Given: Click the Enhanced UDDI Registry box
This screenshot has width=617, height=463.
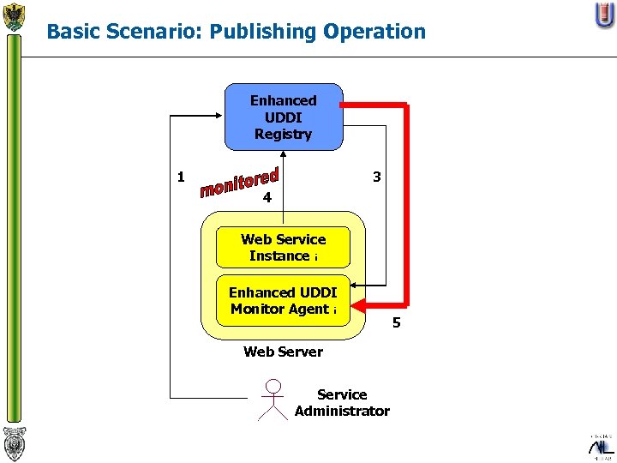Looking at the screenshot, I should tap(283, 117).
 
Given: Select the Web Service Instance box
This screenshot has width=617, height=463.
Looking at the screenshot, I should tap(283, 248).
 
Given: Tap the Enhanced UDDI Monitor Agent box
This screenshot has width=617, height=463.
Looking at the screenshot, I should tap(283, 301).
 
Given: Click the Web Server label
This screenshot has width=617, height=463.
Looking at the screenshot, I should tap(283, 352).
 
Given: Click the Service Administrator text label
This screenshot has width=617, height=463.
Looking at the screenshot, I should tap(342, 403).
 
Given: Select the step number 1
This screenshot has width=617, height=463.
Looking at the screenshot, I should tap(181, 177).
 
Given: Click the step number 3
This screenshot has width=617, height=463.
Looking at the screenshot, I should tap(376, 177).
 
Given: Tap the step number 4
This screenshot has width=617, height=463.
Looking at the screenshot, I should tap(267, 197).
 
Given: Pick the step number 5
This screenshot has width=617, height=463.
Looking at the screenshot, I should tap(396, 323).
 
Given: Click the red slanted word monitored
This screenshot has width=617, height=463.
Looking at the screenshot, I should tap(240, 182).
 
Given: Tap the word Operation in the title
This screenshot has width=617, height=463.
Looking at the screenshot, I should tap(374, 33).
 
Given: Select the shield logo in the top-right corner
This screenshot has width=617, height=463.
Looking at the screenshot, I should tap(604, 15).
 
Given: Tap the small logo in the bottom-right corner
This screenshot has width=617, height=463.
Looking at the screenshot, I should tap(602, 446).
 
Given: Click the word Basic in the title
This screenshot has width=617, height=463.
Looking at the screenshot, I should tap(70, 33).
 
